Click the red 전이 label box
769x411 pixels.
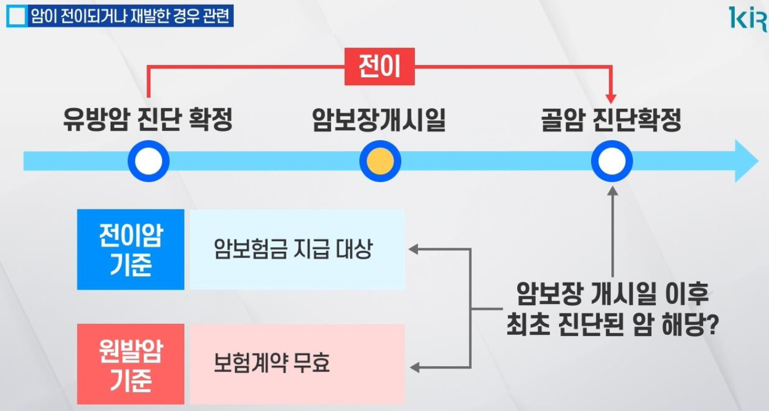[x=379, y=66]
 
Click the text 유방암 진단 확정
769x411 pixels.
[x=148, y=121]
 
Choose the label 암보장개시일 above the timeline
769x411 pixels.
[x=379, y=121]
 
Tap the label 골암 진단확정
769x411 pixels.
[x=611, y=121]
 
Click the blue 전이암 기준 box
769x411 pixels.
[x=131, y=249]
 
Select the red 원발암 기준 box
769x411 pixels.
[x=131, y=364]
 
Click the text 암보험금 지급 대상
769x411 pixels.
[x=293, y=249]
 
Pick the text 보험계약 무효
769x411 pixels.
[x=272, y=364]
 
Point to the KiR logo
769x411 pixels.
[x=748, y=19]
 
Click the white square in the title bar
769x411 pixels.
[x=17, y=17]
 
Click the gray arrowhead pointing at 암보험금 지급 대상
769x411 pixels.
[x=414, y=249]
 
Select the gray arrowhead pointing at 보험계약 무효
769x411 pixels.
[x=414, y=367]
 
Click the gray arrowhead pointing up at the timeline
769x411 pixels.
[x=612, y=190]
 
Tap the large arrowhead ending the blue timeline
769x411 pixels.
[x=747, y=161]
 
